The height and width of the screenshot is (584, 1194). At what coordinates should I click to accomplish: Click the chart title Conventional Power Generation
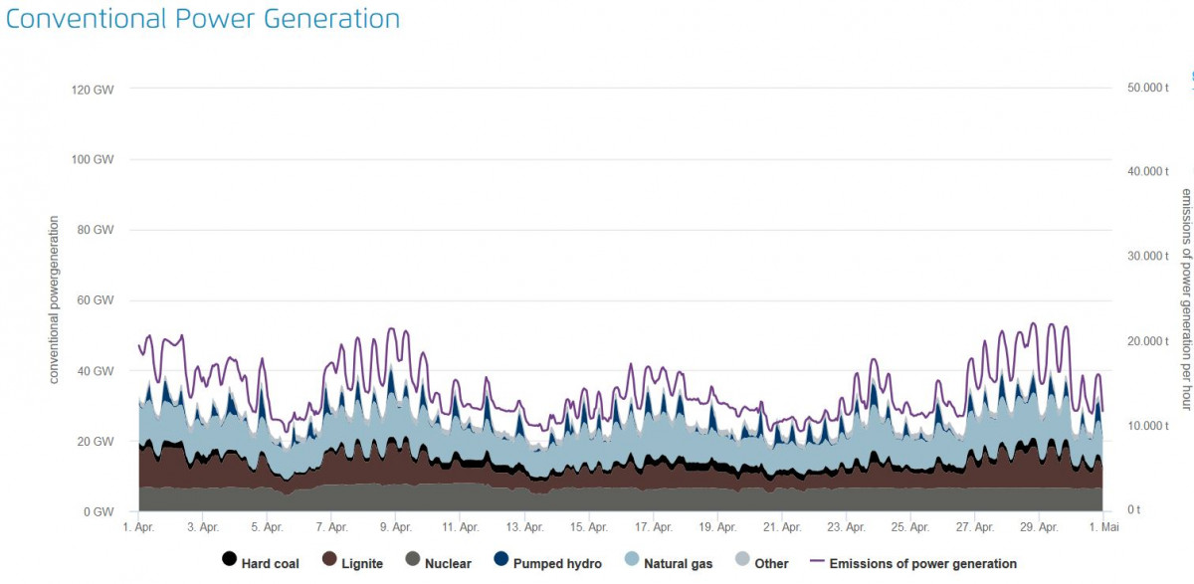coord(203,19)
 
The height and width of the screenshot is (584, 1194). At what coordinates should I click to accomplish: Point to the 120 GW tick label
coord(93,90)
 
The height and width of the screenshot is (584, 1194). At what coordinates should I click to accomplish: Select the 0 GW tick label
coord(99,511)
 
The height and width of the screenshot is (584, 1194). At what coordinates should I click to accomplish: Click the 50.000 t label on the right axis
coord(1147,88)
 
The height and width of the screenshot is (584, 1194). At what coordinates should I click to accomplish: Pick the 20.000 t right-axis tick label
coord(1147,341)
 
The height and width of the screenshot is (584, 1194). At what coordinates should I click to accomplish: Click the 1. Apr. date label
coord(138,527)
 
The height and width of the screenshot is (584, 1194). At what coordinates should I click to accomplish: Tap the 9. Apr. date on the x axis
coord(395,527)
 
